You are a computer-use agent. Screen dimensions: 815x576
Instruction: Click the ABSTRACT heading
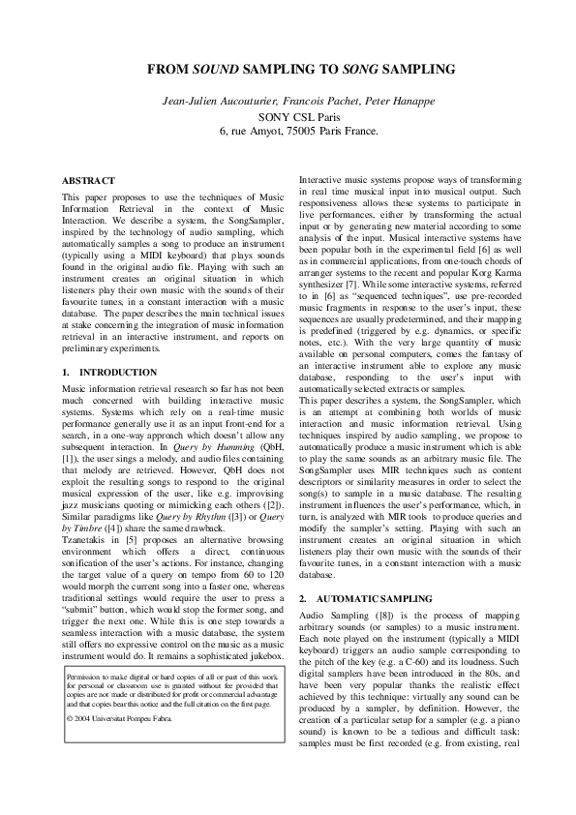point(88,181)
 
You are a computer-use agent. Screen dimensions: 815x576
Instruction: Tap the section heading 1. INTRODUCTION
point(108,372)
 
